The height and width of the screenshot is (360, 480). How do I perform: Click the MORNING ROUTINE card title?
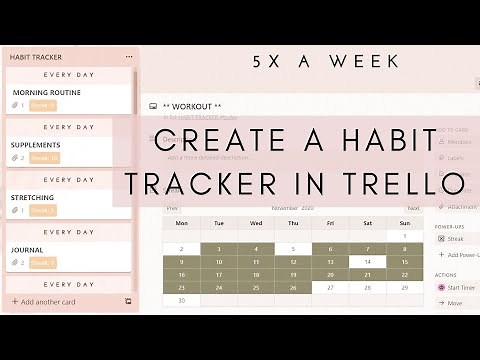(x=46, y=92)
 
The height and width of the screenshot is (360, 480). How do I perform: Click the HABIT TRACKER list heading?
(x=36, y=57)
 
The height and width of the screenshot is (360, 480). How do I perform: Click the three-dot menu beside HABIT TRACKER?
(x=128, y=57)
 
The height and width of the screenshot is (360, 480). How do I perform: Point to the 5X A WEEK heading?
(x=326, y=62)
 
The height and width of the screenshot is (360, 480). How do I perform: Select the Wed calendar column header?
(x=256, y=223)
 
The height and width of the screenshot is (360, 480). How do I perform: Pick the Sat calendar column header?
(x=368, y=223)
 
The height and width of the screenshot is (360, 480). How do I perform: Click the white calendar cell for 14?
(x=368, y=261)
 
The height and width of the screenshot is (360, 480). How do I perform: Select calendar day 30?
(x=182, y=299)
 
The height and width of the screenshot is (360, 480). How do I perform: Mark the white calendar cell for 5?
(x=293, y=249)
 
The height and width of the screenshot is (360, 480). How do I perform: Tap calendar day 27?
(x=330, y=286)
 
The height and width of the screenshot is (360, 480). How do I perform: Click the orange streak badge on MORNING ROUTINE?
(x=43, y=105)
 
